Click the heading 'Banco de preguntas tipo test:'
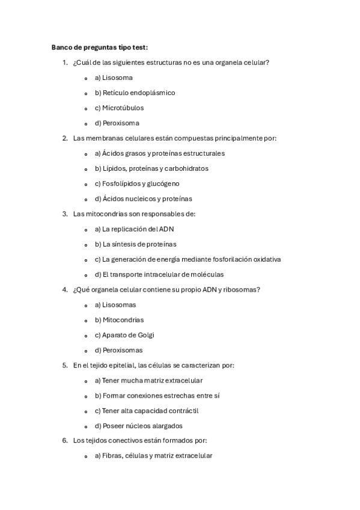pos(100,47)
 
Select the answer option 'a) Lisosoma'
pos(114,78)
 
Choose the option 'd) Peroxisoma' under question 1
pos(117,123)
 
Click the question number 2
pos(64,138)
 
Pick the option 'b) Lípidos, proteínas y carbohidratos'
pos(151,168)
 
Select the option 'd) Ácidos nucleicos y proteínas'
pos(144,198)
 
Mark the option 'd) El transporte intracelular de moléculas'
pos(159,274)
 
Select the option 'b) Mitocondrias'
pos(119,320)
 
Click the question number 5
pos(64,365)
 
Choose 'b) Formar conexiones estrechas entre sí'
pos(157,396)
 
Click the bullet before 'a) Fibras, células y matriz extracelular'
pos(86,456)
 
